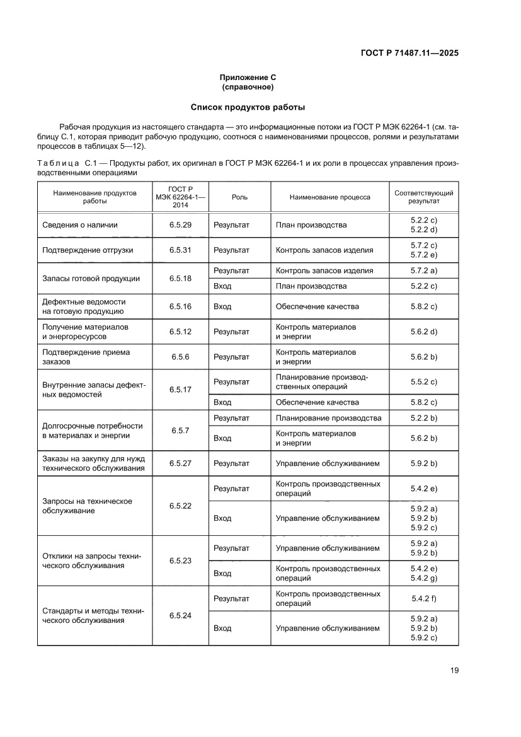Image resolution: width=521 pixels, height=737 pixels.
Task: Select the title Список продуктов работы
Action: pyautogui.click(x=248, y=107)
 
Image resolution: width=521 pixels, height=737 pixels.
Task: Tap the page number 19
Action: pyautogui.click(x=454, y=670)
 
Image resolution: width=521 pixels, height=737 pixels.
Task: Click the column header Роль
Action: pyautogui.click(x=239, y=197)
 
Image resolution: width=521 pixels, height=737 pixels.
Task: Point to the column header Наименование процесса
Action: pyautogui.click(x=329, y=197)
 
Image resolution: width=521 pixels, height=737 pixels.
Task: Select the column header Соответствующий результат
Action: pyautogui.click(x=423, y=197)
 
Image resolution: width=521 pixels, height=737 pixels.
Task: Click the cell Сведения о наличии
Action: pyautogui.click(x=80, y=225)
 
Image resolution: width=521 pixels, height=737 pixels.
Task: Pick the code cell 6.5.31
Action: pyautogui.click(x=180, y=250)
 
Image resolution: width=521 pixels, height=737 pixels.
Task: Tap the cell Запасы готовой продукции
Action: pyautogui.click(x=91, y=278)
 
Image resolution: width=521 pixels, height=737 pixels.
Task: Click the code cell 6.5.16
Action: pyautogui.click(x=180, y=306)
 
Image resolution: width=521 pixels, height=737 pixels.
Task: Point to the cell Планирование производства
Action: pyautogui.click(x=328, y=418)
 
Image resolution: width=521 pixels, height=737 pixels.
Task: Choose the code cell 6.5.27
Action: pyautogui.click(x=180, y=463)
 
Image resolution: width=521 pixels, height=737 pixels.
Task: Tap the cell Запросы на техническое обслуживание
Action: pyautogui.click(x=87, y=506)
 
